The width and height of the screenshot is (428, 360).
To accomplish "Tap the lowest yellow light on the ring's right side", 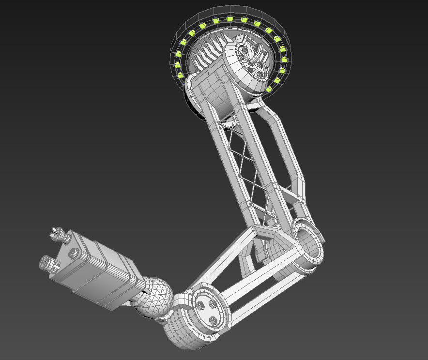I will click(269, 90).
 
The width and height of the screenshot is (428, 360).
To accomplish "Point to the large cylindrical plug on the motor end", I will click(48, 264).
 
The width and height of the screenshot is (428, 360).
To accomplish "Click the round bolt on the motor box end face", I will click(75, 252).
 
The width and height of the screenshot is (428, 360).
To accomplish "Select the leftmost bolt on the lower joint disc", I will click(200, 305).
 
